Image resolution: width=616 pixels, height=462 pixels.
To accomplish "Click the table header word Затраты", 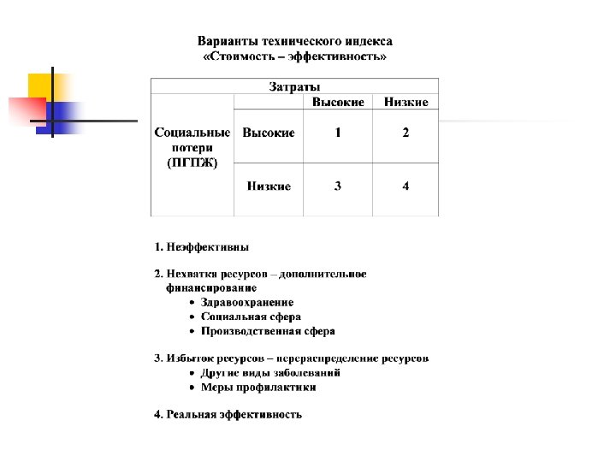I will click(295, 86).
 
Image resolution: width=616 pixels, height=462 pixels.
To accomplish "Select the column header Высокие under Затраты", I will click(338, 102).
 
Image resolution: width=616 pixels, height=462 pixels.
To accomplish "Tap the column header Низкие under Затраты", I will click(406, 102).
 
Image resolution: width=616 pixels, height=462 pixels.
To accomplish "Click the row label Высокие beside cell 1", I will click(269, 133).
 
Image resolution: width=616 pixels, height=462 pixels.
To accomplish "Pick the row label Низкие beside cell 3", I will click(269, 186).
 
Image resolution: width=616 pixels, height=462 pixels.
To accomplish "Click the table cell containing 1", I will click(338, 133).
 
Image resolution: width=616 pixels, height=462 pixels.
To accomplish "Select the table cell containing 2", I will click(406, 133).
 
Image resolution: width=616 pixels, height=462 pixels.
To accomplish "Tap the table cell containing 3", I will click(338, 186).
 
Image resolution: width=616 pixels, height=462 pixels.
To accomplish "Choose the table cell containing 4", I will click(406, 186).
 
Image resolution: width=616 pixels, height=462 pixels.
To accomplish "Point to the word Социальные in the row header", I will click(192, 133).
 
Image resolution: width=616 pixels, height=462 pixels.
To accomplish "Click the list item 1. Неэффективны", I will click(202, 247).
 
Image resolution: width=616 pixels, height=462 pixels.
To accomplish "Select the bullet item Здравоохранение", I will click(247, 302).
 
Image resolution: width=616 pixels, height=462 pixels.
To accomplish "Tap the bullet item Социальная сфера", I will click(251, 317).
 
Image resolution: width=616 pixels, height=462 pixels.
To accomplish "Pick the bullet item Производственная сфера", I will click(268, 331).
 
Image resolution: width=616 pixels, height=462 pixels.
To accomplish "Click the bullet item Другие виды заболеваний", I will click(270, 373).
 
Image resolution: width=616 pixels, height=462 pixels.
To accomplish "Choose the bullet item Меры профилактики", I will click(258, 388).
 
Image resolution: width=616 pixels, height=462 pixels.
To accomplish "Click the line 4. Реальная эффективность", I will click(228, 415).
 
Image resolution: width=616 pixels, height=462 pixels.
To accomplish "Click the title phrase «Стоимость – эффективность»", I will click(295, 57).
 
